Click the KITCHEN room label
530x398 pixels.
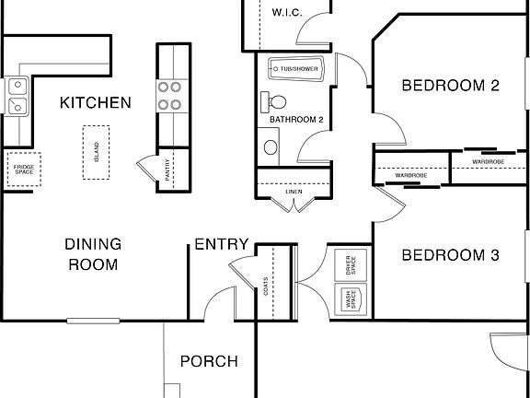[95, 102]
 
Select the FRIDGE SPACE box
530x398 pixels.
[21, 170]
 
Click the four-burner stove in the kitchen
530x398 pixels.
[170, 95]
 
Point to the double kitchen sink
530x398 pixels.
[17, 96]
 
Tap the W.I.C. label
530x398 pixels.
[286, 12]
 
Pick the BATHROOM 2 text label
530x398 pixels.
[295, 120]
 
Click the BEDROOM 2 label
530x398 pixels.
[450, 86]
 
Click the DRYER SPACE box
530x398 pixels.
[350, 264]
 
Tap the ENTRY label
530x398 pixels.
[220, 244]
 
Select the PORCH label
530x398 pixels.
[208, 361]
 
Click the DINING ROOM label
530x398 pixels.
[92, 254]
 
